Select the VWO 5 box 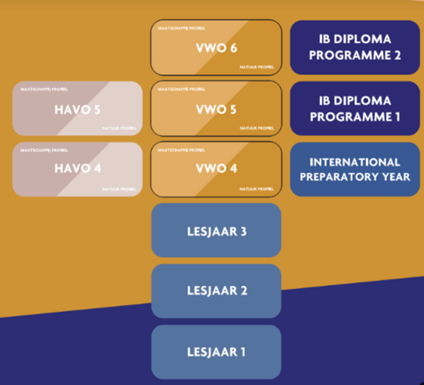(x=216, y=108)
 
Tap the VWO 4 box (x=216, y=169)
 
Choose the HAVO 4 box (x=77, y=169)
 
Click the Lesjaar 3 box (x=216, y=230)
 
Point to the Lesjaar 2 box (x=216, y=291)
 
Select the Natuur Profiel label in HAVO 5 (x=119, y=127)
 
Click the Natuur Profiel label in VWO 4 (x=257, y=189)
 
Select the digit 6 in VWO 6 (x=235, y=47)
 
